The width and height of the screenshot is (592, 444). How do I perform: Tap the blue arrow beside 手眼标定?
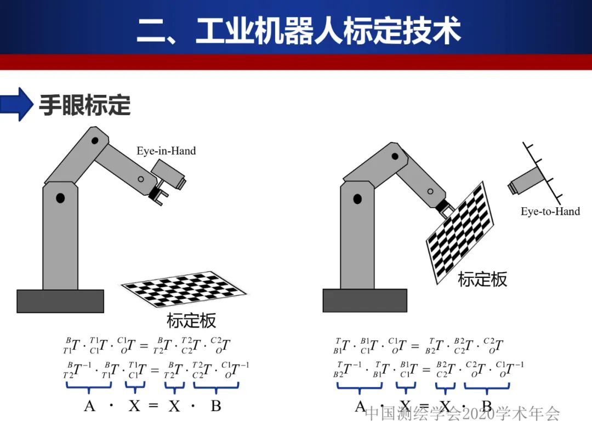pos(18,104)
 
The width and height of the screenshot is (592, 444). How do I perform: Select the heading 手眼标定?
pos(85,105)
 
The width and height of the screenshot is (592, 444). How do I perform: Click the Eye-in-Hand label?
pos(166,151)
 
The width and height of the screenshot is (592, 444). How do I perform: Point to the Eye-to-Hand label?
pos(550,212)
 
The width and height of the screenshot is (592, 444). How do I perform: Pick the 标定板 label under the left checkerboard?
pos(191,320)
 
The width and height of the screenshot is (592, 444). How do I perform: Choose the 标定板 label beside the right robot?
pos(482,280)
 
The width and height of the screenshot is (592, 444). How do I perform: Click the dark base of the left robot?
pos(60,301)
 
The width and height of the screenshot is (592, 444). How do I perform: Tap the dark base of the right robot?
pos(365,300)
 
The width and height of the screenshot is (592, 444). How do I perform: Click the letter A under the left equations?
pos(89,406)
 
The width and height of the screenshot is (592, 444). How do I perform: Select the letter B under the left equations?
pos(216,406)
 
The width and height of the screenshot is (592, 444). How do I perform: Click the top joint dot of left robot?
pos(95,141)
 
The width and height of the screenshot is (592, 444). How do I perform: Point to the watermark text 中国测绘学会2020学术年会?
pos(462,413)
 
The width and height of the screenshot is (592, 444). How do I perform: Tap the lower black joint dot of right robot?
pos(357,198)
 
